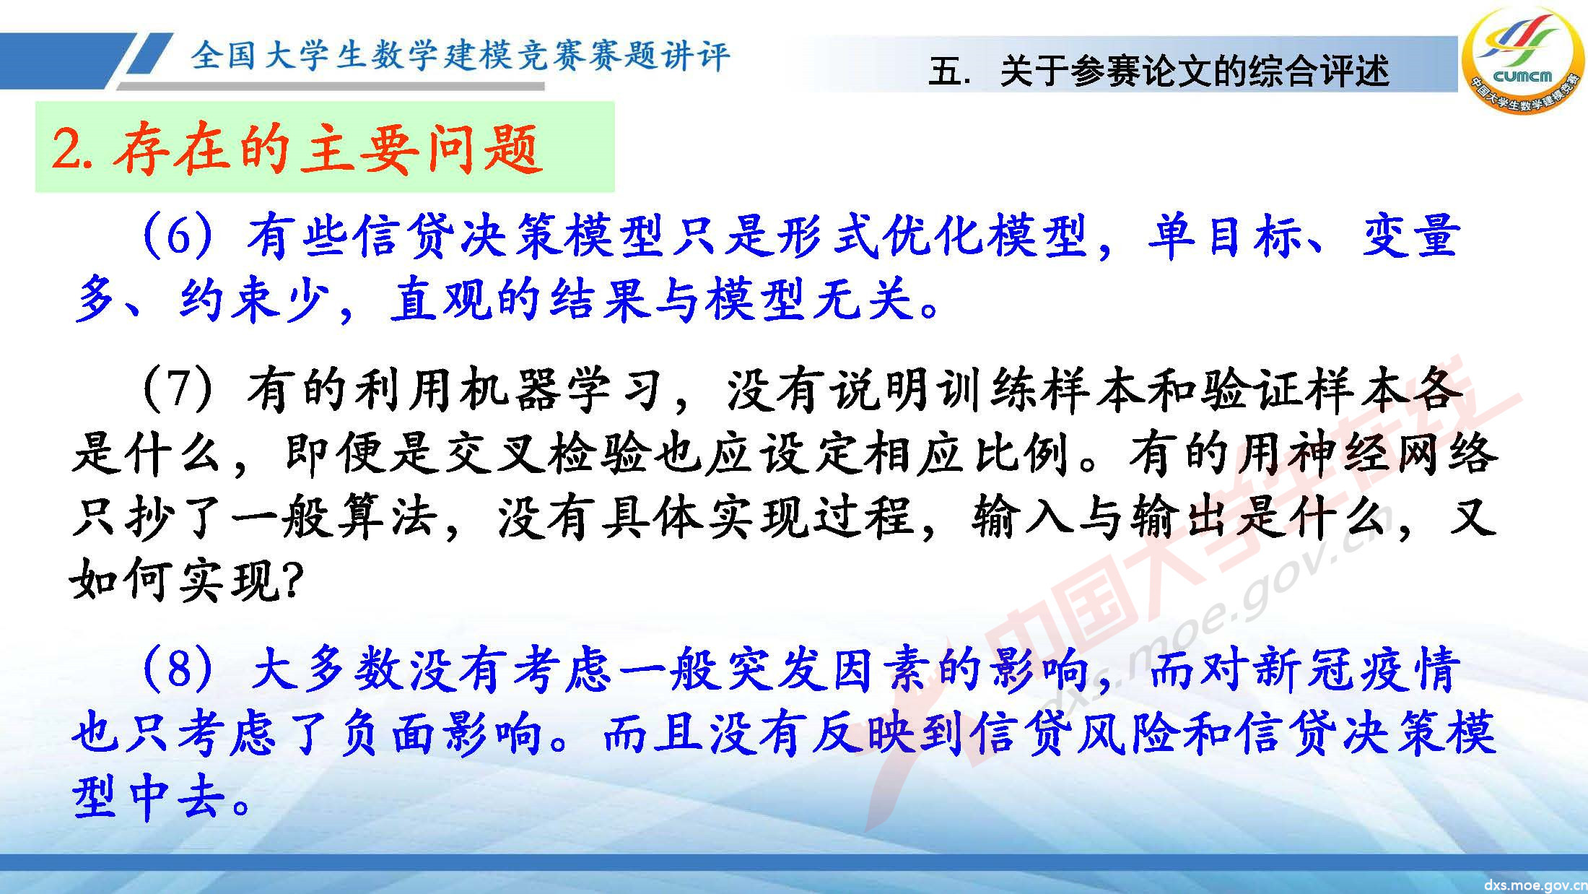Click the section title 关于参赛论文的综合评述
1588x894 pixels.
pyautogui.click(x=1194, y=71)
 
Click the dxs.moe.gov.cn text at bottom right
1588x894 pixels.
pyautogui.click(x=1535, y=885)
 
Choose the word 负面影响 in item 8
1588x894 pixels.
pyautogui.click(x=440, y=734)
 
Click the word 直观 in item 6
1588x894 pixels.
pyautogui.click(x=441, y=299)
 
